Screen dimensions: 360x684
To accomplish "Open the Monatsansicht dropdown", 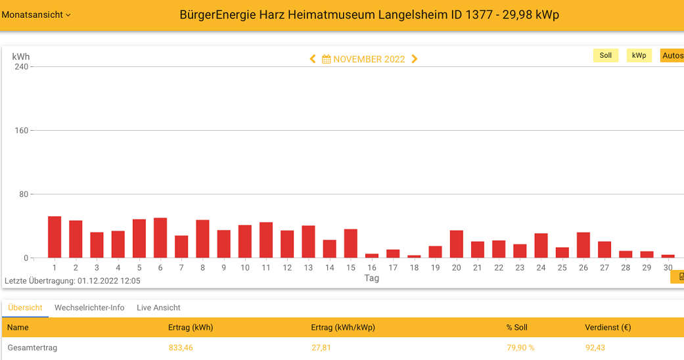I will tap(36, 14).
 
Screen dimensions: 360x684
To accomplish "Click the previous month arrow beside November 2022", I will tap(313, 59).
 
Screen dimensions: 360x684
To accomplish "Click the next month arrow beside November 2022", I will tap(415, 59).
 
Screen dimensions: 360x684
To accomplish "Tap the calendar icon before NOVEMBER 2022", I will tap(326, 59).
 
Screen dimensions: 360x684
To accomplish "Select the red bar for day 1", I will tap(55, 237).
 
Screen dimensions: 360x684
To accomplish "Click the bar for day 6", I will tap(160, 238).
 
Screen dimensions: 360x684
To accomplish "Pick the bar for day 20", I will tap(457, 244).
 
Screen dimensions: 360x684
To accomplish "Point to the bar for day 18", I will tap(414, 256).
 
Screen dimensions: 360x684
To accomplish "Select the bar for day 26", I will tap(583, 245).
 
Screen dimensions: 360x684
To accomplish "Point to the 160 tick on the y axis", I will tap(22, 130).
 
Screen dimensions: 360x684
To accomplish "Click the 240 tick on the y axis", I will tap(22, 66).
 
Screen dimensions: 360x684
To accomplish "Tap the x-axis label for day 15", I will tap(351, 267).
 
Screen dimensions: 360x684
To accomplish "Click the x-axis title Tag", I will tap(372, 278).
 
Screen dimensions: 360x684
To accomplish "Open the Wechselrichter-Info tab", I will tap(89, 307).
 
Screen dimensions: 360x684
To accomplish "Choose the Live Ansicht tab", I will tap(158, 307).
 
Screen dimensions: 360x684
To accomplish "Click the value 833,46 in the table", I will tap(181, 348).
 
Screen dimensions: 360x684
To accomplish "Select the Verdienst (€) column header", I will tap(608, 327).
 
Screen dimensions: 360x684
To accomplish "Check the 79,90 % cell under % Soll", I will tap(520, 348).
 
